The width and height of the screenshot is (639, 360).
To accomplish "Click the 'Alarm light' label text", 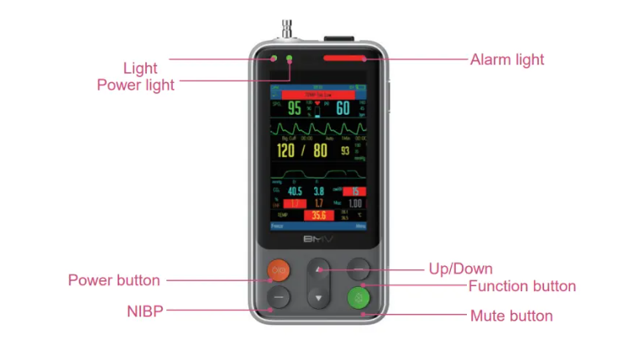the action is tap(506, 60).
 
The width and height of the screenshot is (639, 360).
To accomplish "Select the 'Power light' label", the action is tap(135, 85).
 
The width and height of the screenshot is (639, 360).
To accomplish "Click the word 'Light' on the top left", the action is tap(139, 68).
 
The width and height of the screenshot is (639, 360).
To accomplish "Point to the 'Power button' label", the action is tap(113, 280).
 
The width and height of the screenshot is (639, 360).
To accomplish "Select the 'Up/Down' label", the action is tap(460, 269).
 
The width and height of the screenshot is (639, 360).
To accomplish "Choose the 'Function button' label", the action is tap(521, 286).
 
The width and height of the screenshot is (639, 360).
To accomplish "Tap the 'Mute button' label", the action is tap(511, 316).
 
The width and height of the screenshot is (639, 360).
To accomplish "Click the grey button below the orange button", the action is tap(279, 297).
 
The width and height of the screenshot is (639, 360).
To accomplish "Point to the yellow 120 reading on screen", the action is tap(285, 151).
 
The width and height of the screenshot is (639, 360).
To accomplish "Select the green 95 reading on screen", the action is tap(295, 108).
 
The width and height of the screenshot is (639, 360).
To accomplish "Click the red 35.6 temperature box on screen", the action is tap(318, 216).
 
